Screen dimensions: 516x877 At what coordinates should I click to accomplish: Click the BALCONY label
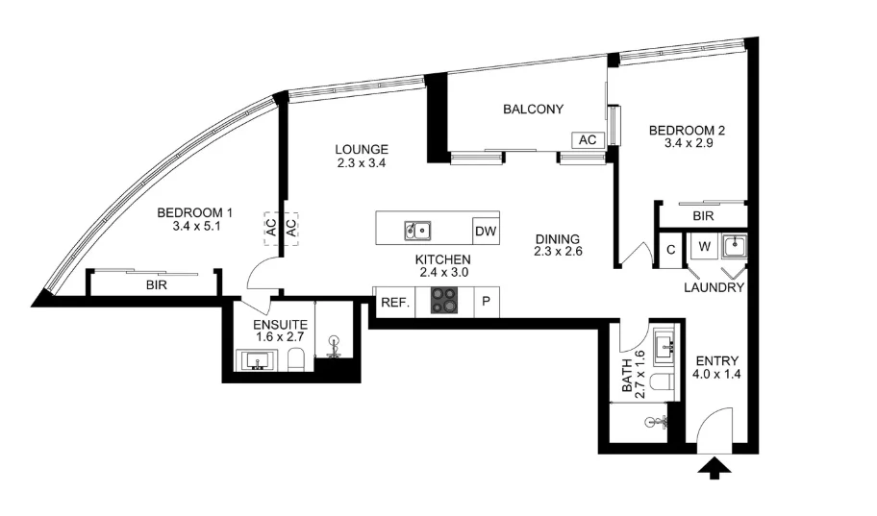click(x=533, y=110)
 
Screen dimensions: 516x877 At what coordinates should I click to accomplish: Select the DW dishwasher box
click(x=485, y=231)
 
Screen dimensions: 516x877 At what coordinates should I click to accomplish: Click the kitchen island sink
click(x=417, y=230)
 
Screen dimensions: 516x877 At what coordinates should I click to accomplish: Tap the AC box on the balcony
click(x=587, y=140)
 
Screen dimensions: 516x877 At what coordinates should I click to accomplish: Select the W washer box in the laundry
click(x=704, y=248)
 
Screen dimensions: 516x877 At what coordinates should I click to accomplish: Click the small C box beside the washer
click(x=670, y=250)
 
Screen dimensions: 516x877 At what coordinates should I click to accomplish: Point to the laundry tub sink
click(x=735, y=247)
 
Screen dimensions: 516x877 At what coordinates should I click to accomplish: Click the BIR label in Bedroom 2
click(x=703, y=217)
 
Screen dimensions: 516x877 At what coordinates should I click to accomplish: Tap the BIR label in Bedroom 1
click(x=158, y=285)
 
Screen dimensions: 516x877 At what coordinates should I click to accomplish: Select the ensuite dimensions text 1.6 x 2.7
click(x=281, y=337)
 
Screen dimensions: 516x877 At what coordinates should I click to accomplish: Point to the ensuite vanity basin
click(x=257, y=361)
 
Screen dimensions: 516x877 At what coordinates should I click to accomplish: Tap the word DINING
click(x=558, y=239)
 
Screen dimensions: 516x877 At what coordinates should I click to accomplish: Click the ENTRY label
click(x=716, y=361)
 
